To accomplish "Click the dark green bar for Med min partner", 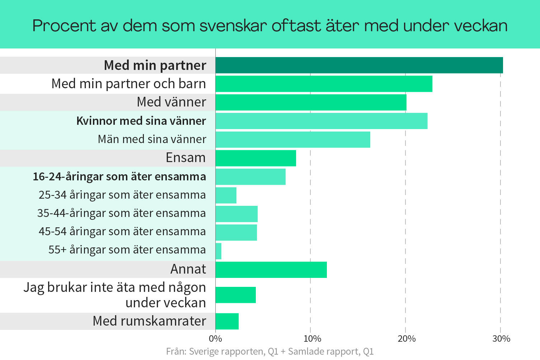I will [x=359, y=65].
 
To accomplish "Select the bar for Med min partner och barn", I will [x=324, y=84].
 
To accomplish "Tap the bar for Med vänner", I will [x=311, y=102].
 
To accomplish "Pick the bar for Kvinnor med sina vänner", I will [x=321, y=121].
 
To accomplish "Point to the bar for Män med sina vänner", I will [x=293, y=139].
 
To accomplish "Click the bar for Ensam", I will [x=255, y=158].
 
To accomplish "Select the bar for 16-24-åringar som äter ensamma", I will [x=250, y=177].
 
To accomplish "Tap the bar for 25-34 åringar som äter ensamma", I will [x=226, y=195].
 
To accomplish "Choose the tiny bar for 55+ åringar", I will [x=219, y=251].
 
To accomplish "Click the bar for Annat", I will [x=271, y=270].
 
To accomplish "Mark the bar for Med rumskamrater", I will [x=227, y=321].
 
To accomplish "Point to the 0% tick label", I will [x=215, y=339].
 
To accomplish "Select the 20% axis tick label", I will [x=407, y=339].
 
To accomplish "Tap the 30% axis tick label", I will [x=501, y=339].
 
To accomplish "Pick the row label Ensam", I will [x=186, y=158].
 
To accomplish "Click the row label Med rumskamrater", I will [x=149, y=321].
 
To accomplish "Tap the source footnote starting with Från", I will [x=270, y=351].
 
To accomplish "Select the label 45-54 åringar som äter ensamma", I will [x=122, y=232].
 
